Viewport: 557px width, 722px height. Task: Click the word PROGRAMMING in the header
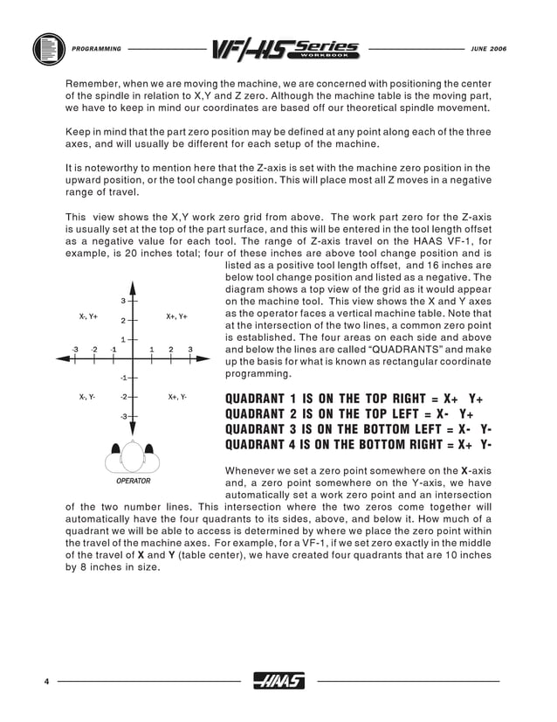coord(97,48)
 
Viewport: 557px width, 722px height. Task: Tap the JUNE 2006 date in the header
coord(488,48)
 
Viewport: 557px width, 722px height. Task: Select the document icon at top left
coord(47,48)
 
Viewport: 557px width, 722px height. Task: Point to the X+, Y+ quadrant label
coord(177,316)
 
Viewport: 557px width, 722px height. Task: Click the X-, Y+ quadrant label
coord(88,316)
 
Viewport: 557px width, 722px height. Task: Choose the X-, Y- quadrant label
coord(88,397)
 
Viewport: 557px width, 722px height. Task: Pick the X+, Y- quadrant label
coord(178,397)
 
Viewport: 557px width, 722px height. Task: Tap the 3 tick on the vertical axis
coord(123,301)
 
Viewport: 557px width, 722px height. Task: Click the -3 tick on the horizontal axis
coord(75,350)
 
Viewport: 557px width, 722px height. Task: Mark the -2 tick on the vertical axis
coord(124,397)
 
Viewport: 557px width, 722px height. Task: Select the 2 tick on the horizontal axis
coord(171,350)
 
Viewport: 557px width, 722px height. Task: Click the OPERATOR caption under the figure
coord(133,481)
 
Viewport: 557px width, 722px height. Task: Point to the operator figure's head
coord(133,455)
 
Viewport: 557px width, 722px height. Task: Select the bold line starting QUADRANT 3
coord(358,429)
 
